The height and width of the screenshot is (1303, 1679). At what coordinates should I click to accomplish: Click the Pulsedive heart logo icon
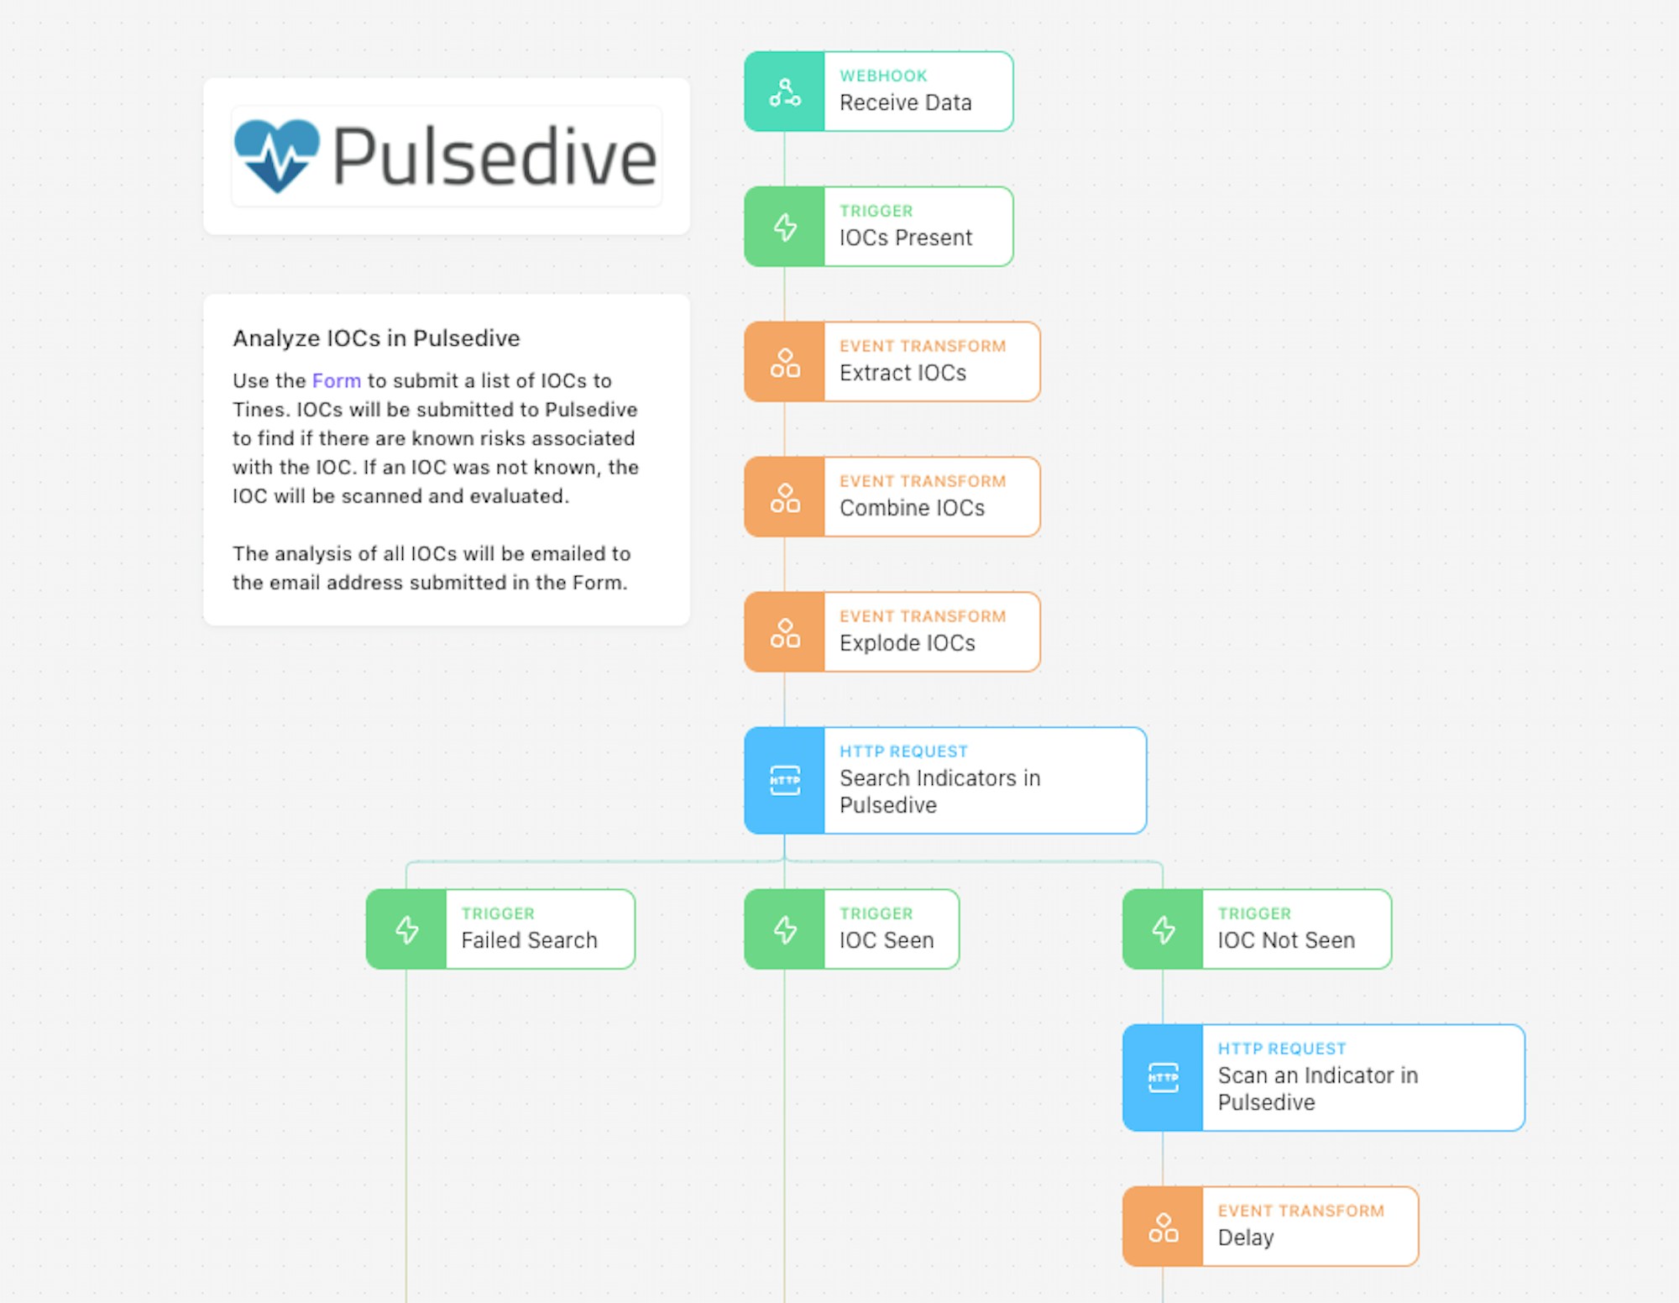tap(277, 155)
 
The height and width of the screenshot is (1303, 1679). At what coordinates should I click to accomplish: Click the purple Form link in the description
tap(337, 380)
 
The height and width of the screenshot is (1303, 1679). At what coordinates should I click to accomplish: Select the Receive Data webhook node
tap(879, 92)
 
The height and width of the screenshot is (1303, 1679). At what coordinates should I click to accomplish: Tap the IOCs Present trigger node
tap(879, 227)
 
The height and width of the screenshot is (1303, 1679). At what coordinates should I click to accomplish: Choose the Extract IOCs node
tap(892, 362)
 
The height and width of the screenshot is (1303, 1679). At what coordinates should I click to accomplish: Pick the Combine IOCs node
tap(892, 497)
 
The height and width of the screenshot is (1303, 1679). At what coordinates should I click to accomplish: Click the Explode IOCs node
tap(892, 632)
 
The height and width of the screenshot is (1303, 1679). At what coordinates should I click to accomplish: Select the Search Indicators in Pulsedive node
tap(945, 781)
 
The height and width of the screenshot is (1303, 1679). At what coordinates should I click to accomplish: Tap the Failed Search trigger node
tap(500, 929)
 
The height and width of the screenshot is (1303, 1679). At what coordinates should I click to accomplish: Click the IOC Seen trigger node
tap(852, 929)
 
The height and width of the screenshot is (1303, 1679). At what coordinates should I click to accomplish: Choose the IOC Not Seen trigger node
tap(1258, 929)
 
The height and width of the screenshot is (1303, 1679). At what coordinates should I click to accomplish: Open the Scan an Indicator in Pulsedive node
tap(1324, 1078)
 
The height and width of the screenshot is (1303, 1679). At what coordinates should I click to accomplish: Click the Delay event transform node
tap(1271, 1227)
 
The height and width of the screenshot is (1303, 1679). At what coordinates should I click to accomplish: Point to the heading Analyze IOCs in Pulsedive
tap(376, 338)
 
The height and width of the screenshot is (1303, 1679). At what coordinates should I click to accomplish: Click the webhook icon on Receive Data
tap(785, 92)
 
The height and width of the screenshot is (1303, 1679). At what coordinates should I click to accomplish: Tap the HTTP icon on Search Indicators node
tap(785, 781)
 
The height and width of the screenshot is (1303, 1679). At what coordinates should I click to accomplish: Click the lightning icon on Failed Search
tap(407, 929)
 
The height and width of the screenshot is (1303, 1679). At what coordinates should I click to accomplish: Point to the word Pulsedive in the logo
tap(494, 156)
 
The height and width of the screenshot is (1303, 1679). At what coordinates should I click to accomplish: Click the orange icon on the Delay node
tap(1164, 1227)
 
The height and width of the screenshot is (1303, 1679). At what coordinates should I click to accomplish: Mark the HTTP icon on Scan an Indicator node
tap(1164, 1078)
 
